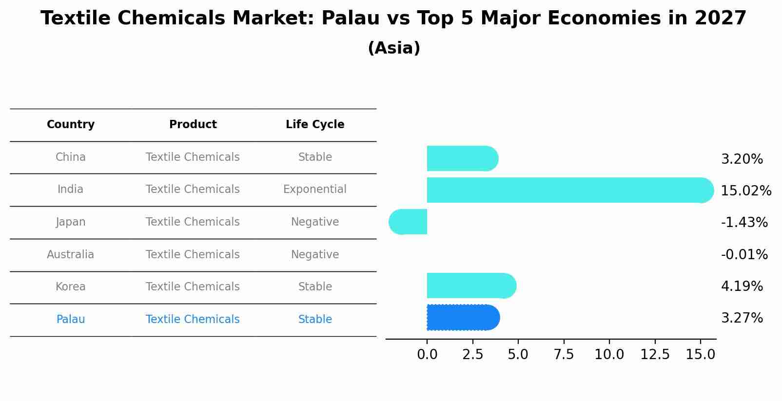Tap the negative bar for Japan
408,222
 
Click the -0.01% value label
744,254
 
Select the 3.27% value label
742,318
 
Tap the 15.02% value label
746,191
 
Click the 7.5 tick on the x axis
564,355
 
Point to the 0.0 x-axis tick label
427,355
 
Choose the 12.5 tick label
655,355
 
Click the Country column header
71,125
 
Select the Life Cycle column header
315,125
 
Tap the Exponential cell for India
315,189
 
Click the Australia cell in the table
71,254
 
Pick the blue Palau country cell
71,319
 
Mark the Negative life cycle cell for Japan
315,222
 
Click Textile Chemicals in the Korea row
193,286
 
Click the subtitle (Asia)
394,48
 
